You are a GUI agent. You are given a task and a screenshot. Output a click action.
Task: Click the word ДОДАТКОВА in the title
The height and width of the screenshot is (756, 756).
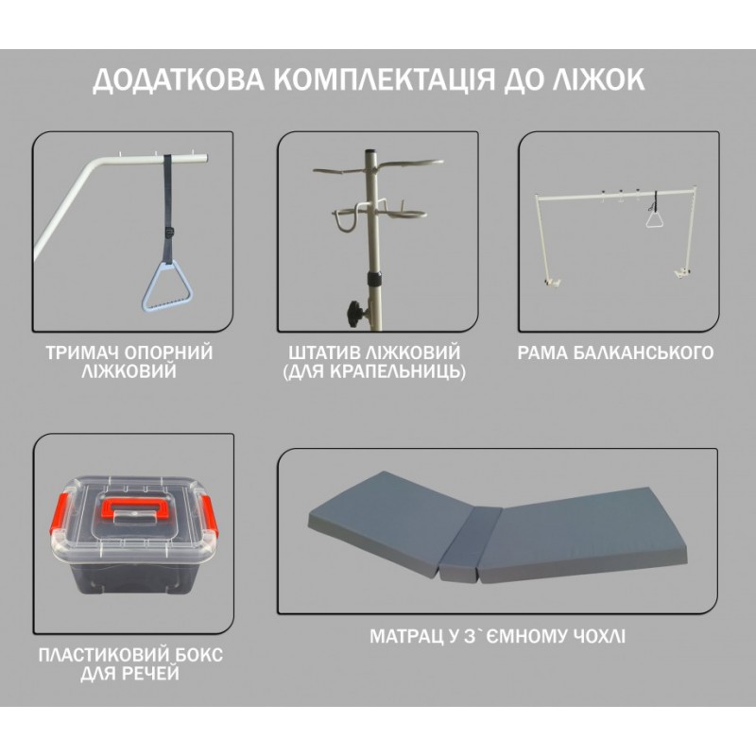[179, 80]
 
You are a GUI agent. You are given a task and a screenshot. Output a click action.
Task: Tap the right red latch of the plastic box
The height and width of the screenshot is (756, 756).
[209, 516]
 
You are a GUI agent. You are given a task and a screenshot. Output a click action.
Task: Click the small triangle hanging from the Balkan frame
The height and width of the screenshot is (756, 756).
[655, 220]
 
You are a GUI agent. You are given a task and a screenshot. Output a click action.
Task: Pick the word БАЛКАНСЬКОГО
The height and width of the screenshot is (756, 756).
[644, 352]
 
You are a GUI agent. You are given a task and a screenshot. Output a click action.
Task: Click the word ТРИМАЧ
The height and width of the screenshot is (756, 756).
[82, 352]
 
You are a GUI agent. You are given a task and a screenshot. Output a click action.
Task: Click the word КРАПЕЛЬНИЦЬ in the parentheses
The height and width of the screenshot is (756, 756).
[400, 371]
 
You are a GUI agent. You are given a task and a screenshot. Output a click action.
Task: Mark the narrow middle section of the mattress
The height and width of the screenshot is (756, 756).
[463, 541]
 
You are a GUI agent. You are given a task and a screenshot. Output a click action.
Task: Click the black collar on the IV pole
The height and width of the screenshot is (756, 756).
[372, 279]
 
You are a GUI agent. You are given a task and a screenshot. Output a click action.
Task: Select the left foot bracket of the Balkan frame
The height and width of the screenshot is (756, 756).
[552, 282]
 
